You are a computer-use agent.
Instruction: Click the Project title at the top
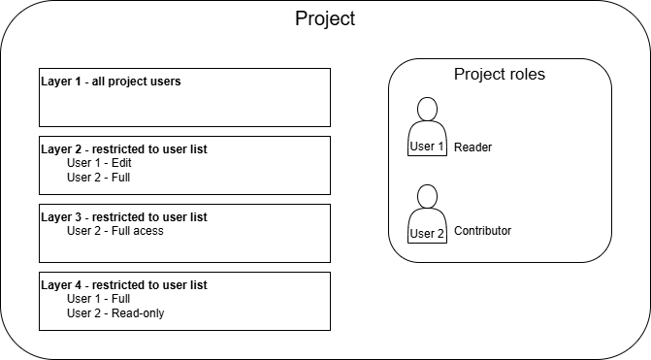click(x=325, y=18)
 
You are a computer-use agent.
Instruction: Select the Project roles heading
click(x=500, y=74)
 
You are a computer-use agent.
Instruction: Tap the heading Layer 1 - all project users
click(x=111, y=82)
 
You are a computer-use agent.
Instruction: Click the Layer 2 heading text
click(x=124, y=149)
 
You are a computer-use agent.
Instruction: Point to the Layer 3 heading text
click(x=124, y=217)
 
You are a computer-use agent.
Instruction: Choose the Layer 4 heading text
click(x=124, y=285)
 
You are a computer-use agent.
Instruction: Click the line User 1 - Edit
click(x=99, y=163)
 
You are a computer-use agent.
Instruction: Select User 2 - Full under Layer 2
click(x=99, y=178)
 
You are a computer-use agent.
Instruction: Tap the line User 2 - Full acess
click(x=115, y=231)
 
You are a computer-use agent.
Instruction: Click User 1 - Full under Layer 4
click(x=99, y=299)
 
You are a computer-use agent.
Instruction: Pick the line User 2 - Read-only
click(x=115, y=313)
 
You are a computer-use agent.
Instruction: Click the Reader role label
click(x=472, y=147)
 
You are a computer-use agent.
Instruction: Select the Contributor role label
click(x=483, y=231)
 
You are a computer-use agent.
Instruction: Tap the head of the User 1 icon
click(x=427, y=110)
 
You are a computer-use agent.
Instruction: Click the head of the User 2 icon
click(x=427, y=196)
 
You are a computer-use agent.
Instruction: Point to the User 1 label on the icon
click(x=427, y=147)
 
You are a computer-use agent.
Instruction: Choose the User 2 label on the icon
click(x=427, y=233)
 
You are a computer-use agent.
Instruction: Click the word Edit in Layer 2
click(x=121, y=163)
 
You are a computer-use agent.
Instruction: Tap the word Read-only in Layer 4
click(x=138, y=313)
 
